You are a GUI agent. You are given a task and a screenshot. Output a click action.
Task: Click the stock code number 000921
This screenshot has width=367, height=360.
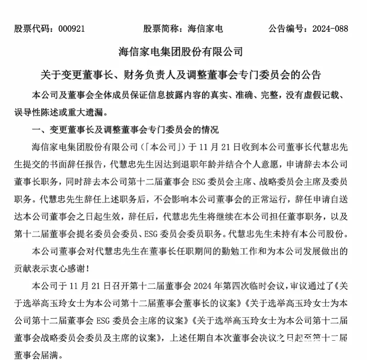(x=70, y=28)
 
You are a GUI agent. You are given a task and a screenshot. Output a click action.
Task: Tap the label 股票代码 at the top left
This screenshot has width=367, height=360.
(x=31, y=28)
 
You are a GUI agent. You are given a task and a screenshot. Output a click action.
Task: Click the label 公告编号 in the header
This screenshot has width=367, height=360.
(x=284, y=28)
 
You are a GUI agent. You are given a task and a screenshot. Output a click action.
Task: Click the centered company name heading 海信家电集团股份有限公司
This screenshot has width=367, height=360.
(x=183, y=51)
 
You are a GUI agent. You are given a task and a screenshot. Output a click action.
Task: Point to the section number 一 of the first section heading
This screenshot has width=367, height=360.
(x=33, y=129)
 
